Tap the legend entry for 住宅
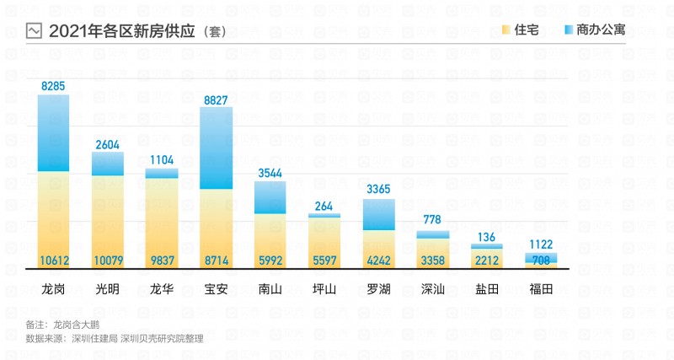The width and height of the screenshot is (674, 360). (526, 30)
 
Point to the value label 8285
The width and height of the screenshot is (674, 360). (54, 86)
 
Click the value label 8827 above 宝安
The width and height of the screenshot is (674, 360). (216, 99)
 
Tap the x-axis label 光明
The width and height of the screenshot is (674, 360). (107, 289)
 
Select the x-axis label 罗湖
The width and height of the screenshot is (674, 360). (378, 289)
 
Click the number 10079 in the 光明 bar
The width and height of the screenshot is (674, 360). (108, 260)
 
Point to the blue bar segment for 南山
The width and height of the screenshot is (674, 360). (270, 197)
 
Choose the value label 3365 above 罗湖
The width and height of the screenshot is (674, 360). (378, 190)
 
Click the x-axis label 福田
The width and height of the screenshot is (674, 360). (541, 289)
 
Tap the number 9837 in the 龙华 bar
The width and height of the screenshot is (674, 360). (162, 260)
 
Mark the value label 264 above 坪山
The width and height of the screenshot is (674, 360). (324, 206)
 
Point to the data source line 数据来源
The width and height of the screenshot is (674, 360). (115, 338)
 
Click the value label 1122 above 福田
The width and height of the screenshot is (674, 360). (541, 244)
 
